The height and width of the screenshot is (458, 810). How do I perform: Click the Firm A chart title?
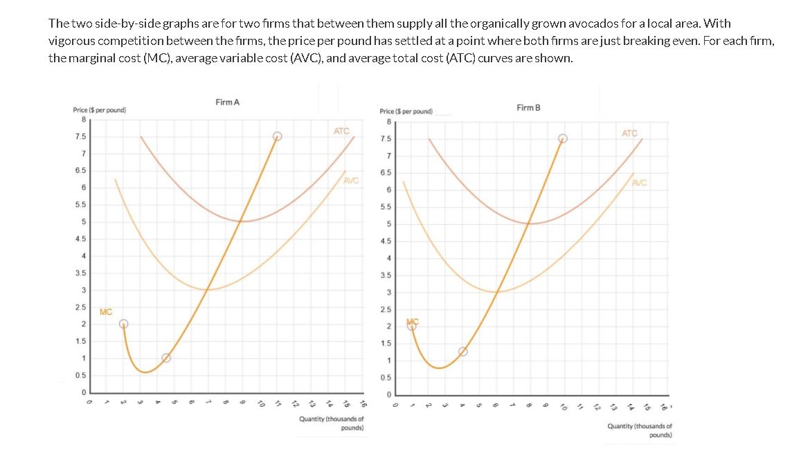(227, 102)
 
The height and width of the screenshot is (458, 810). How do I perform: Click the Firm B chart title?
(528, 107)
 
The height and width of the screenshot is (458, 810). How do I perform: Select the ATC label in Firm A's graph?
(341, 131)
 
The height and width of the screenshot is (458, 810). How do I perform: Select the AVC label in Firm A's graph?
(351, 181)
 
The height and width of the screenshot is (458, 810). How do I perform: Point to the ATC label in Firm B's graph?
(629, 133)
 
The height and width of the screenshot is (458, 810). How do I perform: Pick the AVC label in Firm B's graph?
(639, 183)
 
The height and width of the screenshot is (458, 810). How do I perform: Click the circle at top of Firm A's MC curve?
(277, 136)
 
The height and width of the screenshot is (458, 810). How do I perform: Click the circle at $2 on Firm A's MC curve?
(123, 324)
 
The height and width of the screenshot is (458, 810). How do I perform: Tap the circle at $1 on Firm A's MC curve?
(166, 358)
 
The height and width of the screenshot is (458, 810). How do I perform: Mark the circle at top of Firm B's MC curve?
(563, 138)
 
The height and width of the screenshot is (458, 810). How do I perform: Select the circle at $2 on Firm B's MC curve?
(412, 325)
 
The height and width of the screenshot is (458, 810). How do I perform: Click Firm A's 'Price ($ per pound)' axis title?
(99, 111)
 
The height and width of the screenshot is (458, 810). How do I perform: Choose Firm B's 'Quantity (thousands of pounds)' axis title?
(639, 430)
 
